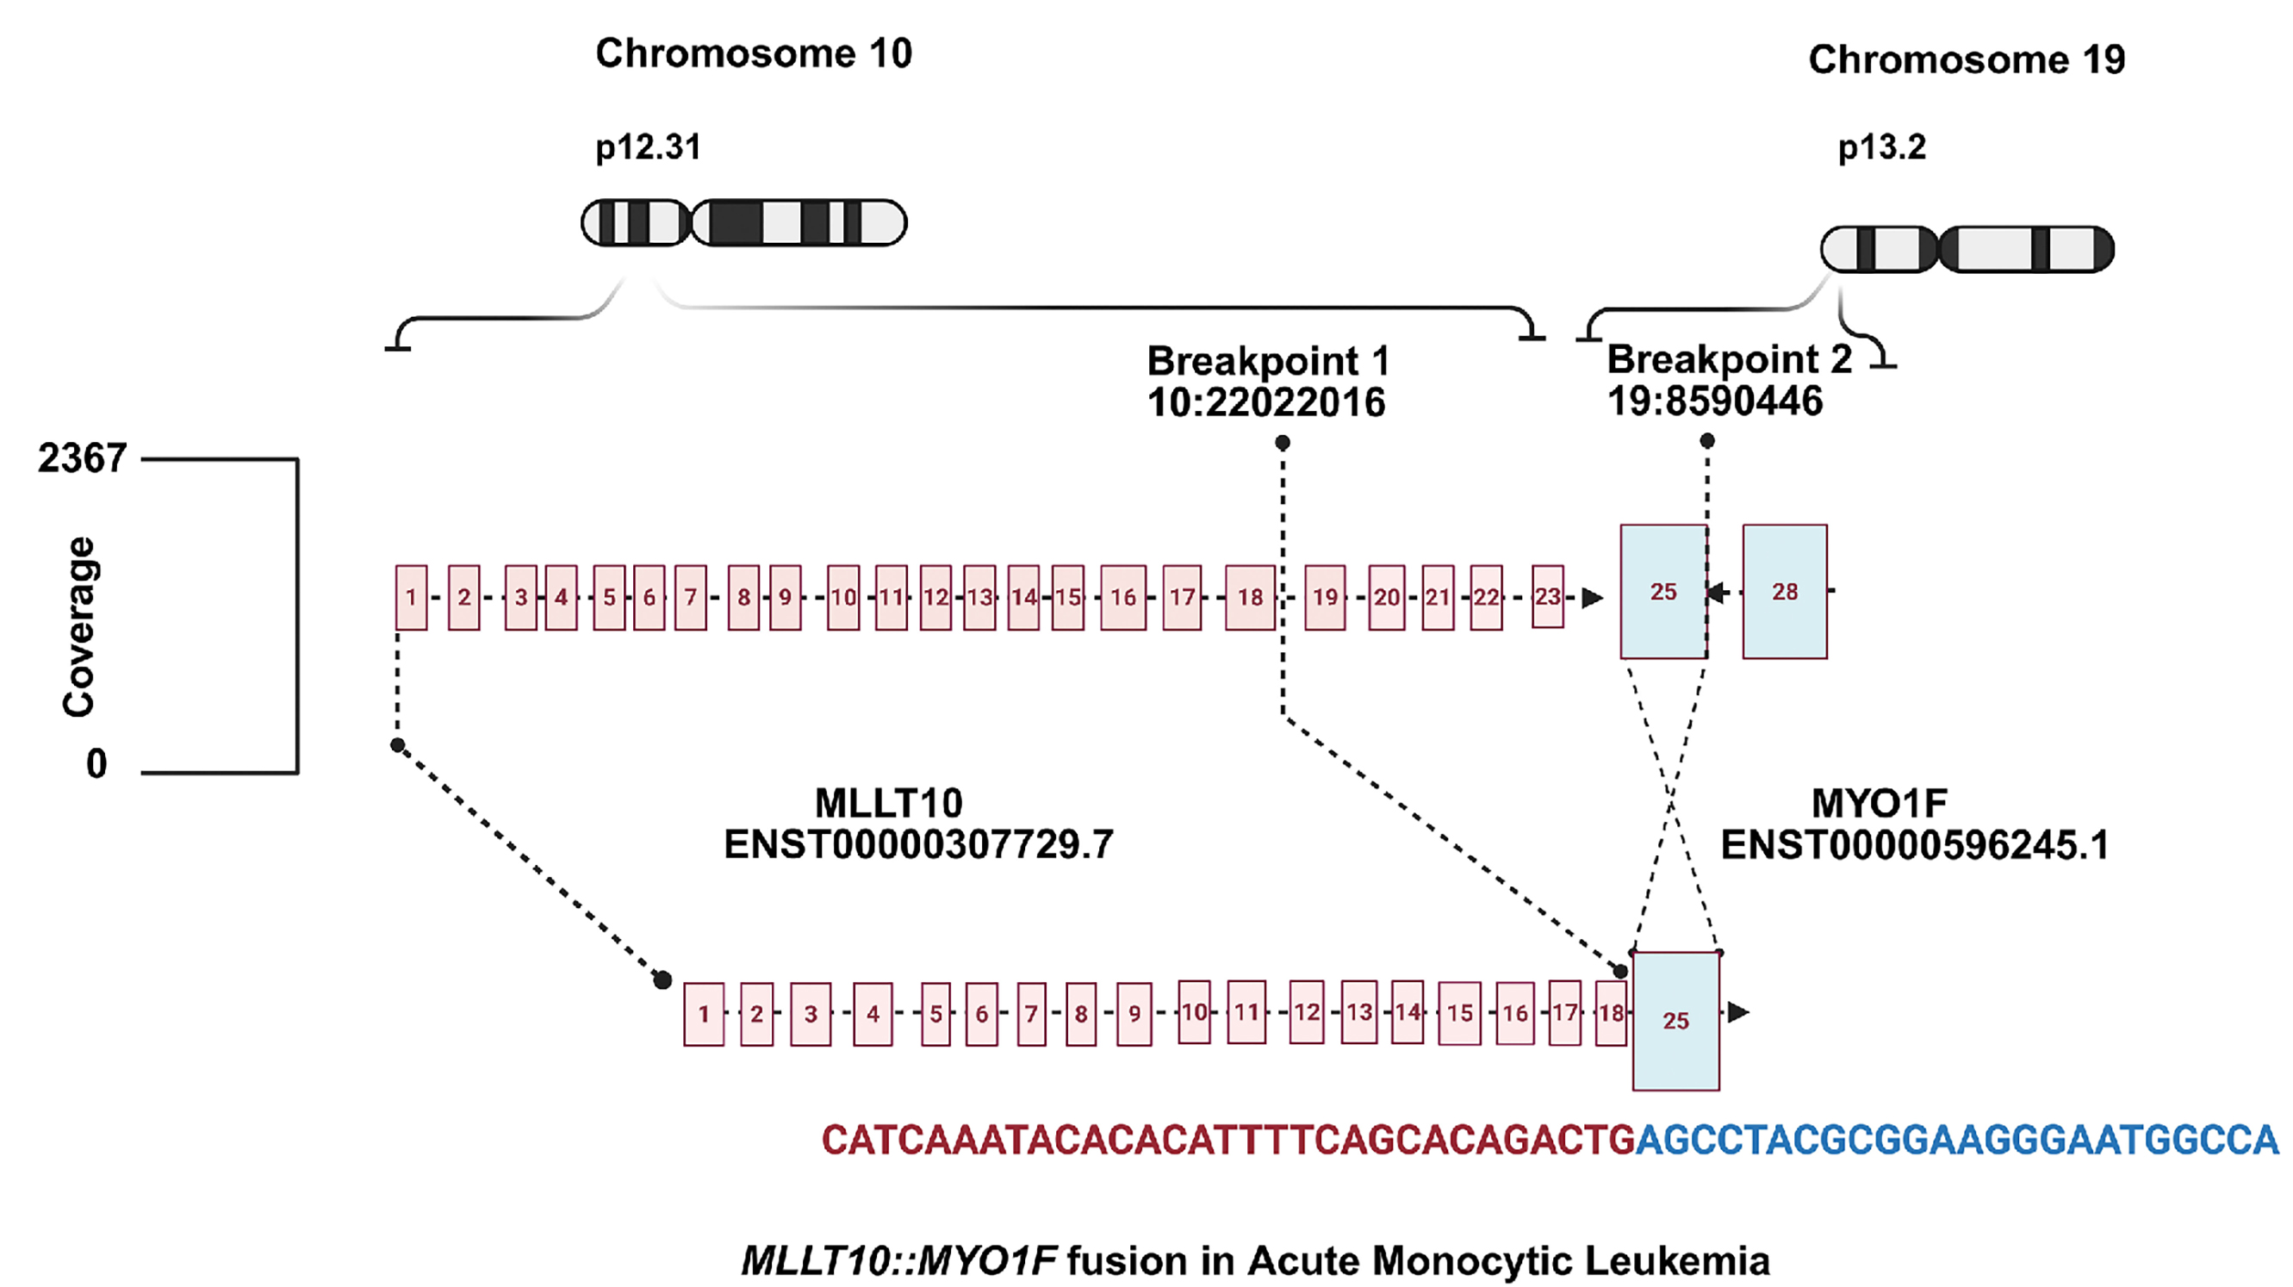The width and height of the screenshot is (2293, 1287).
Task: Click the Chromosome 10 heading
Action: [753, 53]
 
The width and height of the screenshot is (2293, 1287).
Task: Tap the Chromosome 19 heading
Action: [1967, 59]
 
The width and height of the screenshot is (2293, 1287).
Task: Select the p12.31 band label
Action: [648, 146]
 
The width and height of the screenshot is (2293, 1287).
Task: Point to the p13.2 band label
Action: [1882, 146]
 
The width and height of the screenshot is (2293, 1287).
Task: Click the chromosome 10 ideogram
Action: [743, 222]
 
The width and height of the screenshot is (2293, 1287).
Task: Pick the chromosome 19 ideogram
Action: [1967, 249]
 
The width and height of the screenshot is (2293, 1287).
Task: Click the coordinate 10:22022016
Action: [1265, 403]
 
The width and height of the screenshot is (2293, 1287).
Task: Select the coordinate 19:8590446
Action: [1714, 401]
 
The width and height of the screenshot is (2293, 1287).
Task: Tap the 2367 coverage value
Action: [82, 458]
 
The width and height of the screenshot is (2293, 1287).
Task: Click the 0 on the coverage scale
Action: [96, 763]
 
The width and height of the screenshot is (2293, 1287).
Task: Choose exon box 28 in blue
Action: [1785, 592]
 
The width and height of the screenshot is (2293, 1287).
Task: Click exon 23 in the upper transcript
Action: [1548, 596]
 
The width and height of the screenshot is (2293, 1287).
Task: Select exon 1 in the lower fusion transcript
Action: [703, 1014]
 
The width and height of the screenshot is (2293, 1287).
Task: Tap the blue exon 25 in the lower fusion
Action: [1675, 1021]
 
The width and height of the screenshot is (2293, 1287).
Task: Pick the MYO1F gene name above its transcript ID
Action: [1879, 804]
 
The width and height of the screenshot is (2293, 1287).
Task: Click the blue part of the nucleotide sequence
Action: [1956, 1141]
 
